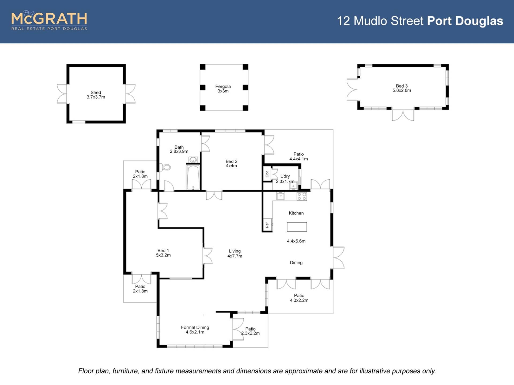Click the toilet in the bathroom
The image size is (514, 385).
pos(166,167)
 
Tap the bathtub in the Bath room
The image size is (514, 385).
pos(193,177)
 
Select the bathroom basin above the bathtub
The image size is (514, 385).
pos(193,160)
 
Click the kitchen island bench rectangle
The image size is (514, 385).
pos(297,227)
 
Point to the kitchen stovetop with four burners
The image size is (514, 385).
pos(302,197)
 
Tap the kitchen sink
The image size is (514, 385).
pos(281,196)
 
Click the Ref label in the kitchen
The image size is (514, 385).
pos(267,225)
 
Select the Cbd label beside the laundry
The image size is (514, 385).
pos(267,174)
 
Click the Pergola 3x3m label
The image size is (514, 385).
pos(223,89)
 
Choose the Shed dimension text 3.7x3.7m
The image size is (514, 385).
pos(96,97)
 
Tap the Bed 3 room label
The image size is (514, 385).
pos(402,86)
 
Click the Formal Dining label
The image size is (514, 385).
pos(195,327)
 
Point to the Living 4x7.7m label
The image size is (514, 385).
pos(235,253)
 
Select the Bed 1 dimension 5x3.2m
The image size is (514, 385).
pos(163,255)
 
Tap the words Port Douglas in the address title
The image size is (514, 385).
pos(465,21)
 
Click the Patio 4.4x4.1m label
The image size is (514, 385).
pos(298,156)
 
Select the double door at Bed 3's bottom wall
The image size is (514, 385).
pos(403,115)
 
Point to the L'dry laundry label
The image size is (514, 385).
pos(285,176)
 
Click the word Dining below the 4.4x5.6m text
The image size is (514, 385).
pos(296,263)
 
